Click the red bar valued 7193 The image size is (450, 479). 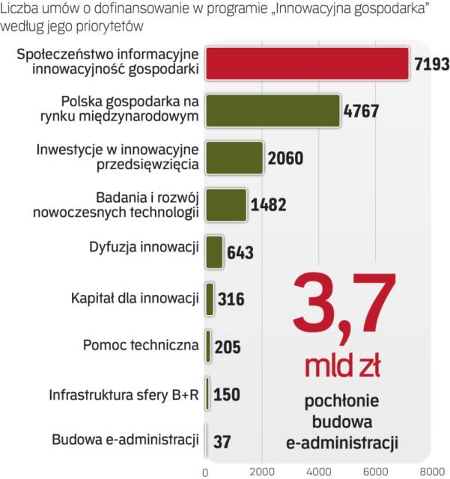307,63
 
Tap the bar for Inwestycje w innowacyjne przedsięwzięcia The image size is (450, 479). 234,157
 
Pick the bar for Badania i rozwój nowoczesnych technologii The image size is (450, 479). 226,205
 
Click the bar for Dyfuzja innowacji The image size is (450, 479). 214,252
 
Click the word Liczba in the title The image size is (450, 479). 19,10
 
